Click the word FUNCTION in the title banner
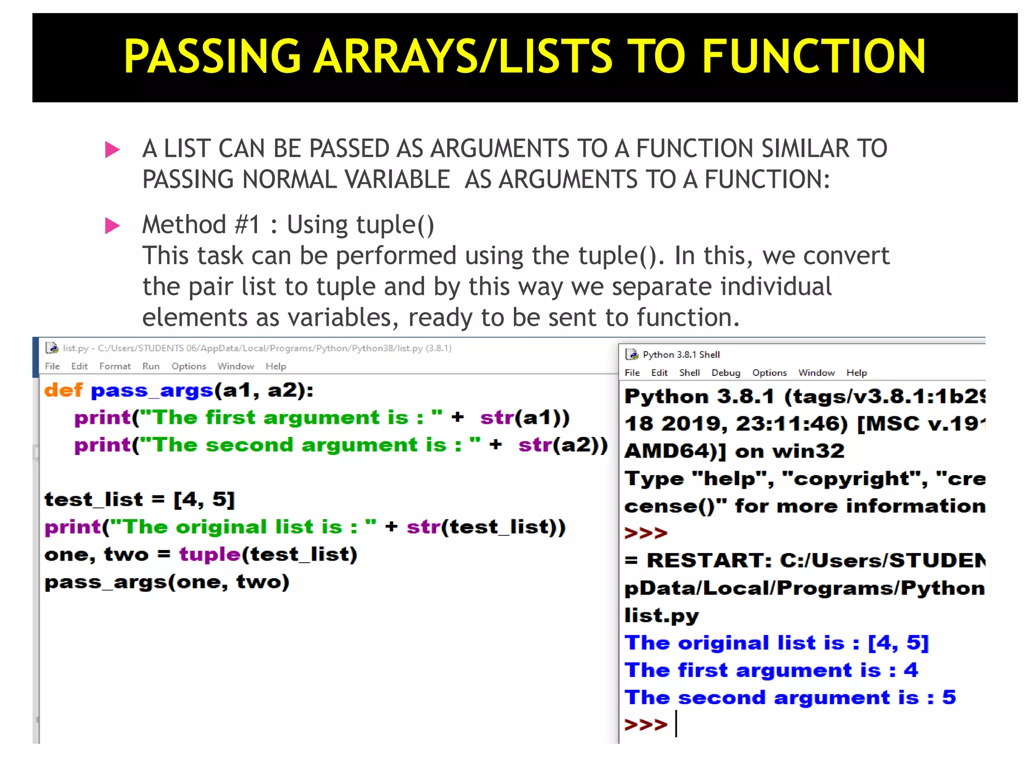tap(813, 56)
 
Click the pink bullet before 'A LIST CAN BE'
tap(112, 149)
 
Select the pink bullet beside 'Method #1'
tap(112, 225)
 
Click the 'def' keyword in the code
tap(63, 391)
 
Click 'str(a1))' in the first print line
tap(525, 418)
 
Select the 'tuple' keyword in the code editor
tap(210, 554)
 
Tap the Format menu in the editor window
tap(115, 366)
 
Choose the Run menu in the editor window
tap(151, 366)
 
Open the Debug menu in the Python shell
tap(726, 373)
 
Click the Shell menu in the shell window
tap(690, 373)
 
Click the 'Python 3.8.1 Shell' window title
tap(681, 355)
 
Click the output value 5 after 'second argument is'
tap(949, 698)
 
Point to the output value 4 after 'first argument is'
tap(911, 670)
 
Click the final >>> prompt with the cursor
tap(646, 725)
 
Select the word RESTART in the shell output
tap(709, 561)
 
